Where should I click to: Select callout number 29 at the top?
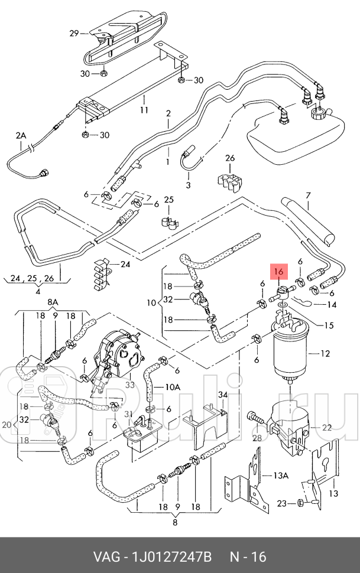click(x=74, y=34)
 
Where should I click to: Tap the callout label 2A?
click(x=21, y=135)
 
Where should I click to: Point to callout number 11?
click(x=143, y=110)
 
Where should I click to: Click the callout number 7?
click(x=307, y=196)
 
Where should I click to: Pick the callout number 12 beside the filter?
click(x=325, y=354)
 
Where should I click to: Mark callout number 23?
click(x=283, y=503)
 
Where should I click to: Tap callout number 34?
click(x=223, y=395)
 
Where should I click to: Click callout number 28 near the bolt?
click(x=257, y=438)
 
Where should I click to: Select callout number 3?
click(x=188, y=185)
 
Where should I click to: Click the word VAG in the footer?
click(x=105, y=556)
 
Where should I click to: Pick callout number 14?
click(x=331, y=305)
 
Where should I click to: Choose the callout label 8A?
click(x=53, y=302)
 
